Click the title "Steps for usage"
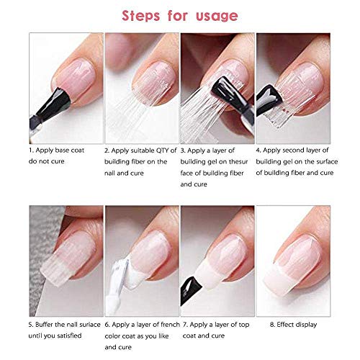[x=180, y=15]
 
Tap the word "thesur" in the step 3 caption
[x=247, y=162]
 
